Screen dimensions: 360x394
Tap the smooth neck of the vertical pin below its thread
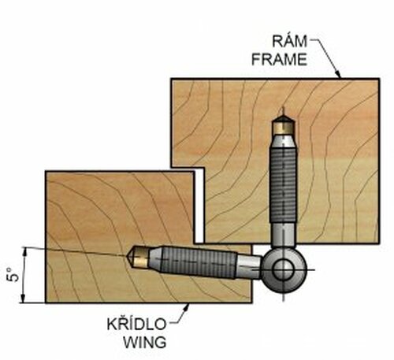pos(281,236)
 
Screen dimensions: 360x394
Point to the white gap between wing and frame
pos(199,205)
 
